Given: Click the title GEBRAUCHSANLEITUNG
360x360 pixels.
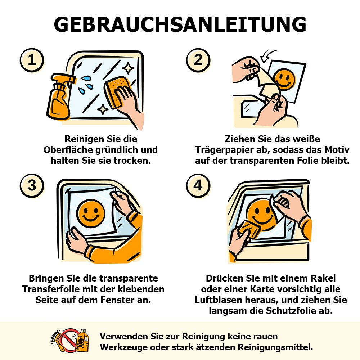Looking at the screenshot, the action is tap(180, 24).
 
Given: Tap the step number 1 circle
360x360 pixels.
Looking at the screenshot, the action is tap(32, 60).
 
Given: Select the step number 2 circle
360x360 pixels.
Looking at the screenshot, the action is tap(198, 60).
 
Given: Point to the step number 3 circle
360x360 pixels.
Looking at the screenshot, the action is tap(32, 185).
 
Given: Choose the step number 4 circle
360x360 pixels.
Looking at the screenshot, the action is tap(198, 185).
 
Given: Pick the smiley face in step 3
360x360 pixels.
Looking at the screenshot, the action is tap(90, 213).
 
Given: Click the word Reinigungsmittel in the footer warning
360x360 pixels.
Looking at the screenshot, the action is tap(275, 347).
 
